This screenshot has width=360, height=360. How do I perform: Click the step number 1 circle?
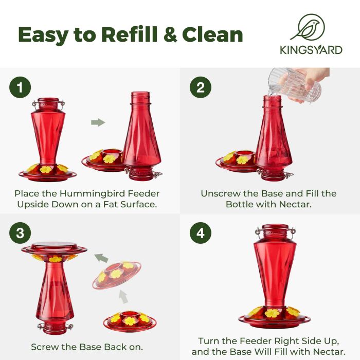point(20,87)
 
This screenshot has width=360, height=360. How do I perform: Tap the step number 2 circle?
point(201,87)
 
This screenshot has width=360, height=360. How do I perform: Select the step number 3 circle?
point(20,233)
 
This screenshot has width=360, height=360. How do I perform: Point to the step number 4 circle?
point(201,233)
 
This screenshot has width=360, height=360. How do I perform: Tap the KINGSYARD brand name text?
point(311,50)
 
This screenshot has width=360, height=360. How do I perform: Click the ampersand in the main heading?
point(170,34)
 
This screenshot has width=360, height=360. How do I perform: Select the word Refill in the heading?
point(129,34)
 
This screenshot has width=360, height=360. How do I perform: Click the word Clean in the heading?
point(212,34)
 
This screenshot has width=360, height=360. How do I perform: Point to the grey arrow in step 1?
point(98,122)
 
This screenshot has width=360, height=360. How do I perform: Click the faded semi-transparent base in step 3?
point(117,275)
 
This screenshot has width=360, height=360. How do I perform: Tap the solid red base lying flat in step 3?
point(130,321)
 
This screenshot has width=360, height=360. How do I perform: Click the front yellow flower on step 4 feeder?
point(272,313)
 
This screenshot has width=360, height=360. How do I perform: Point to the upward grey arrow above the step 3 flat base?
point(123,296)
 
